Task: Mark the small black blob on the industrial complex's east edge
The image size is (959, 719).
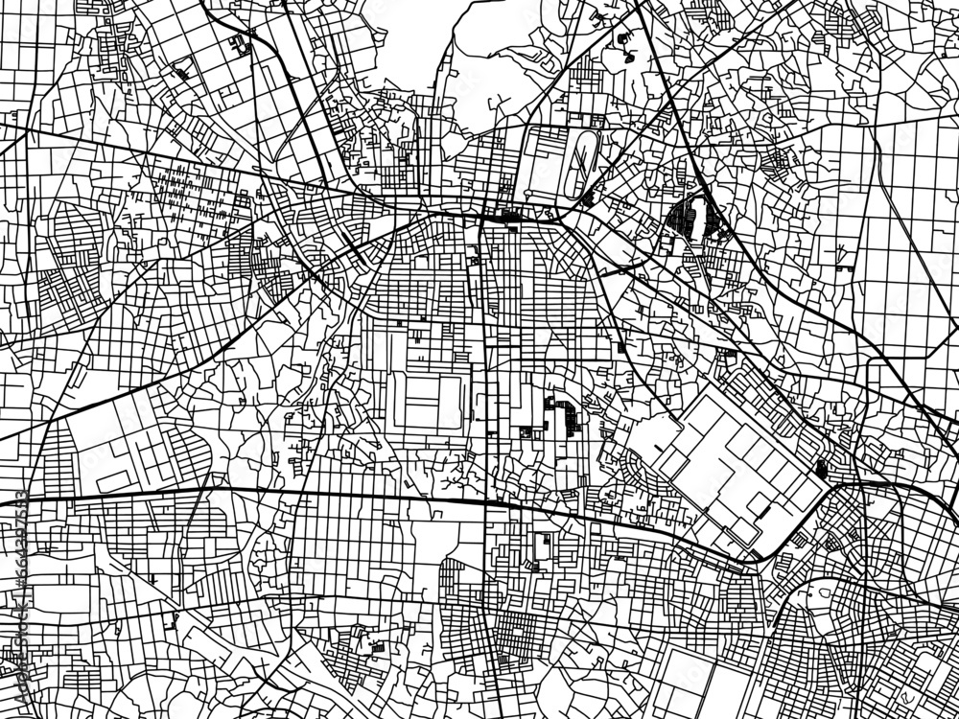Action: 821,469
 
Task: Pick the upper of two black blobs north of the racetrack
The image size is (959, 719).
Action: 624,39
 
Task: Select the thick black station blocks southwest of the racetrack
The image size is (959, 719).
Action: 504,217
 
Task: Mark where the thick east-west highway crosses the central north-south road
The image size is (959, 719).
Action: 485,500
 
